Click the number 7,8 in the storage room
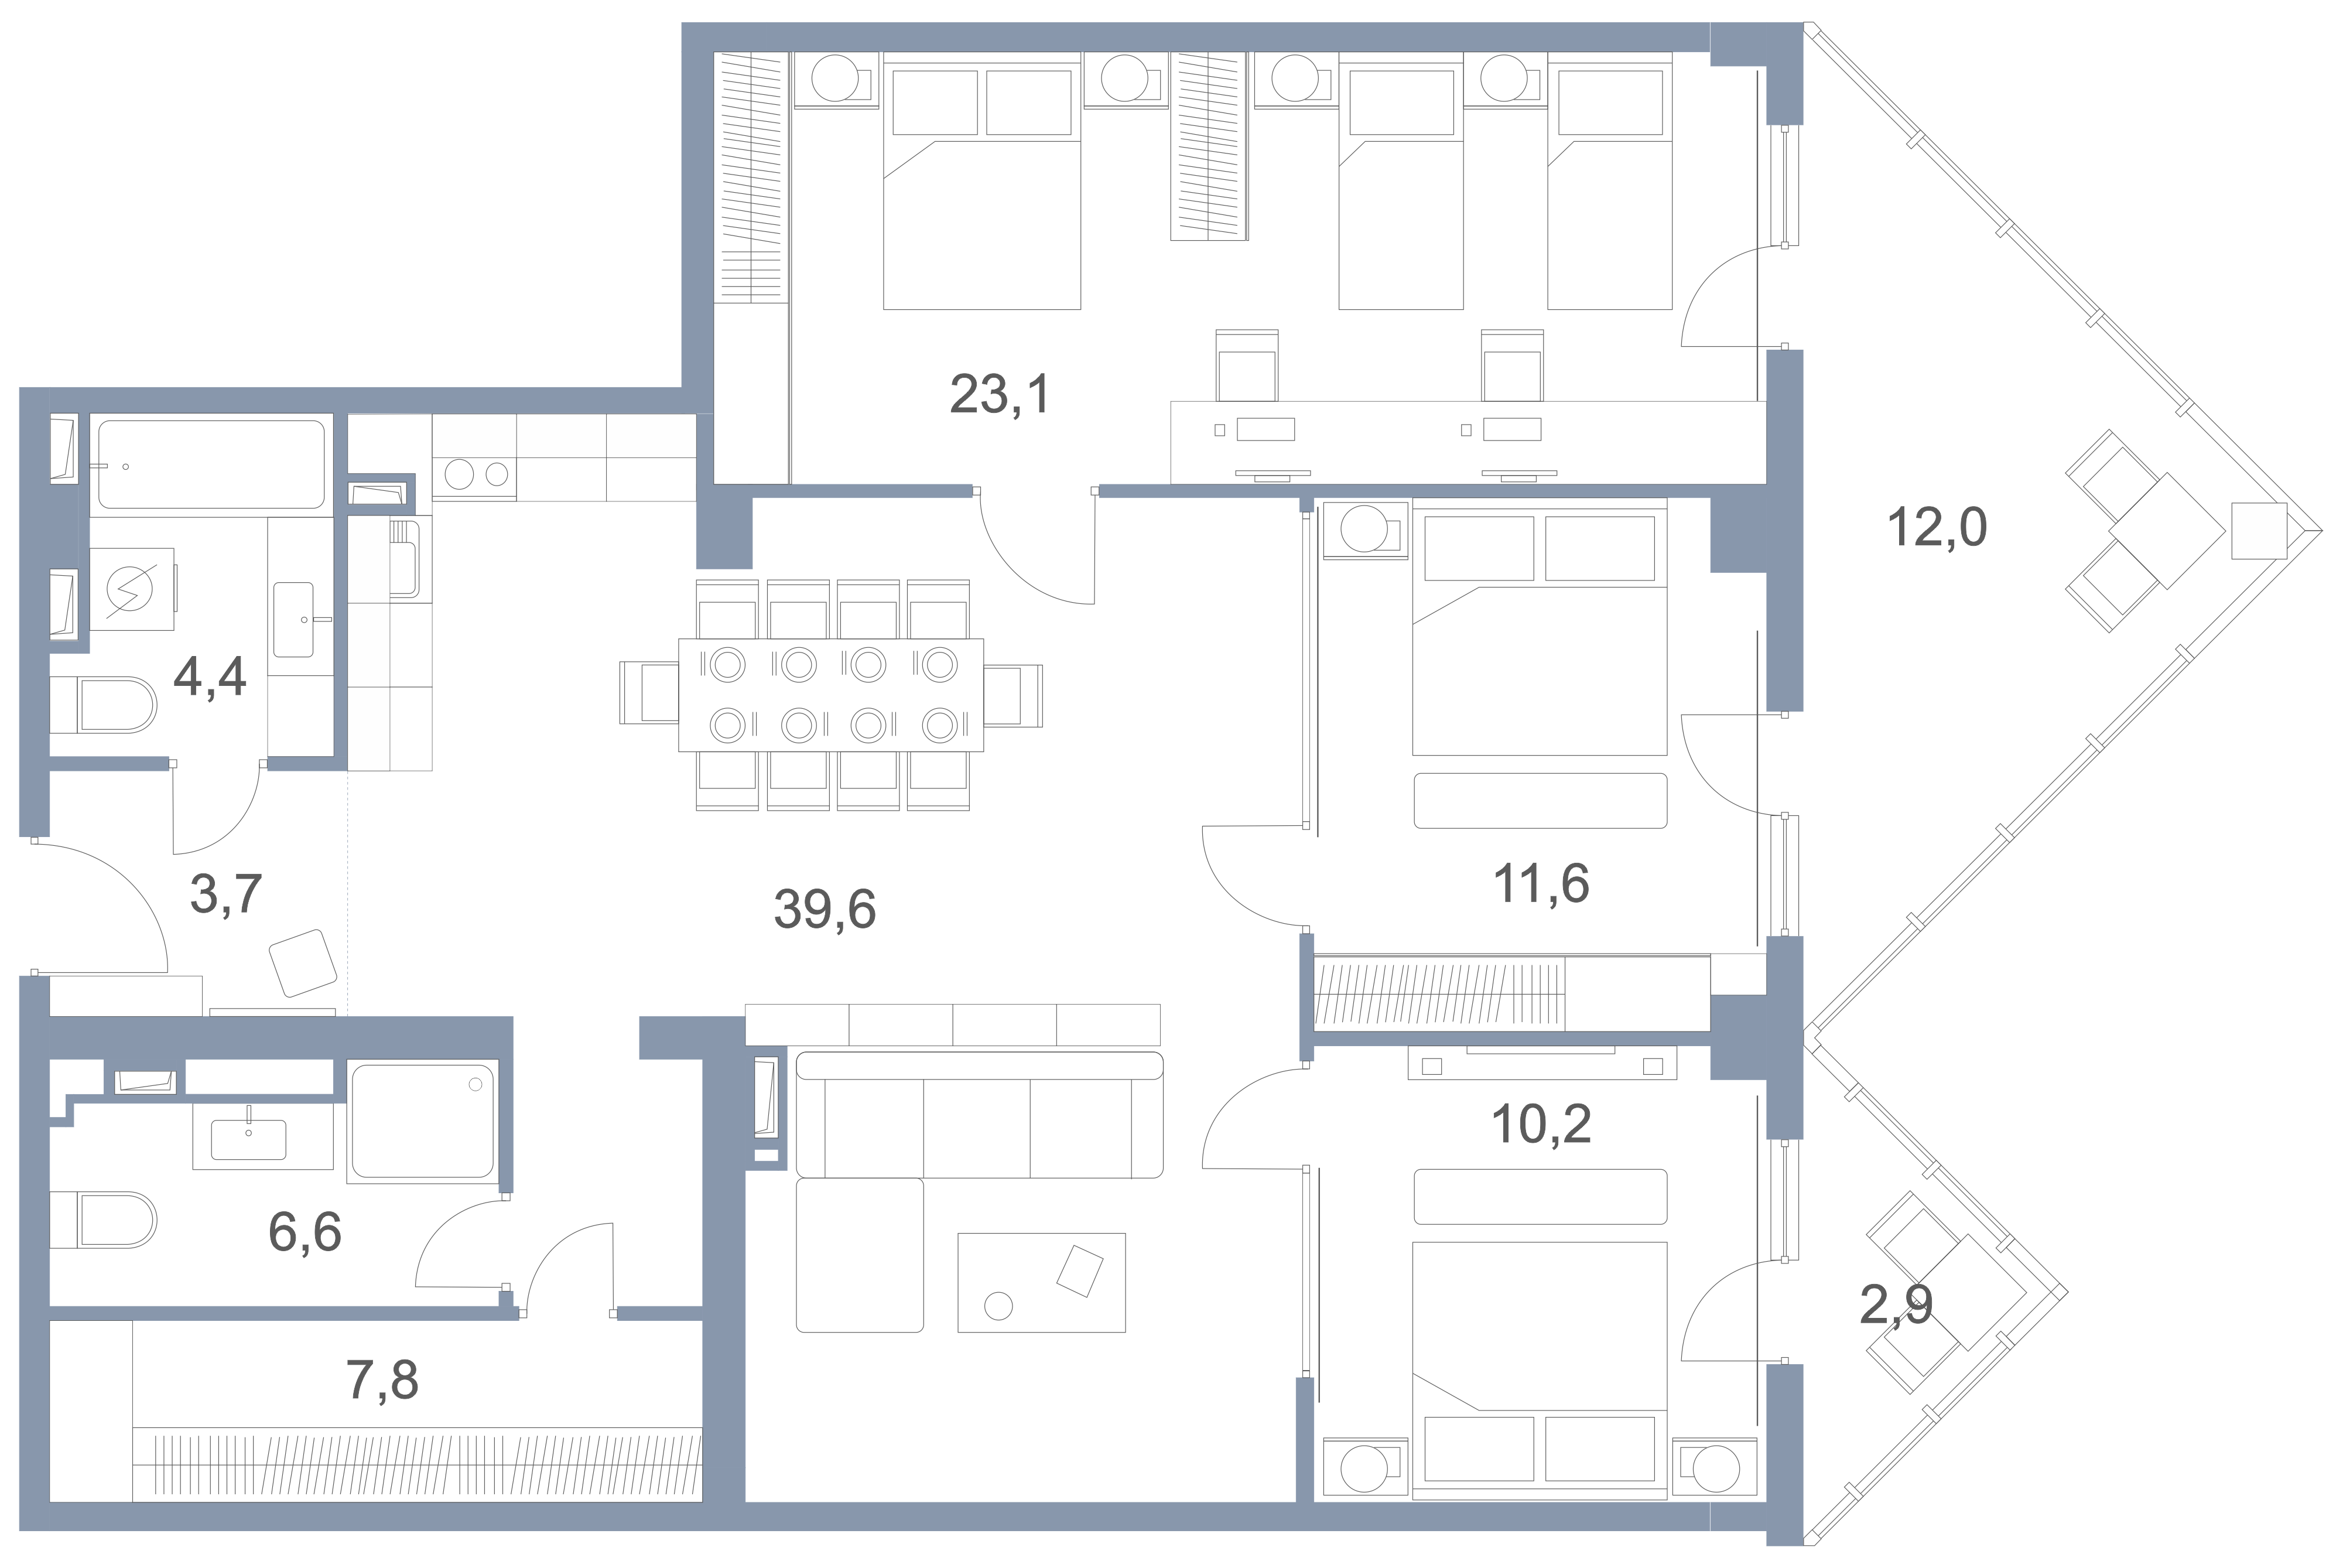pos(382,1380)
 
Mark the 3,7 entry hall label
pos(226,893)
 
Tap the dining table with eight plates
pos(831,694)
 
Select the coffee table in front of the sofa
pos(1041,1282)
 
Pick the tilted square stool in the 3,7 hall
pos(303,963)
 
